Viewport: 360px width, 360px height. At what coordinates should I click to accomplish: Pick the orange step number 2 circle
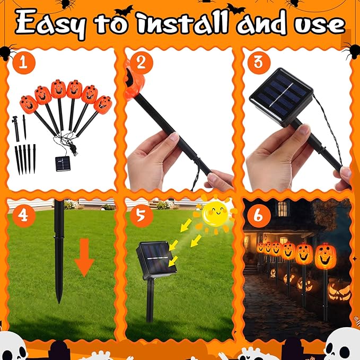(139, 63)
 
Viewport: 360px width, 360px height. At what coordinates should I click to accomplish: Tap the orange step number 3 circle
(258, 63)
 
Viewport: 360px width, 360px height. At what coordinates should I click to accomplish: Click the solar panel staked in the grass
(157, 258)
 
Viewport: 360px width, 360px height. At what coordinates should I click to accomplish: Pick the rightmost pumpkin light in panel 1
(103, 104)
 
